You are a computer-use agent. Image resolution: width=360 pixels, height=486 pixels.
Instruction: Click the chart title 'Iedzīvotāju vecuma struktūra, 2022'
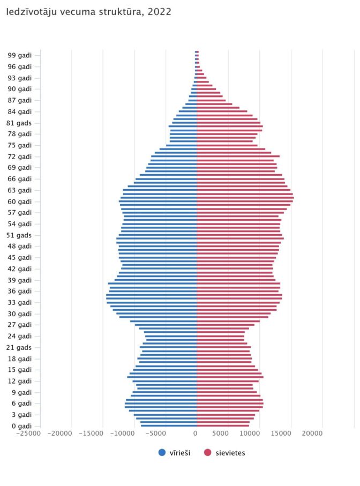click(88, 12)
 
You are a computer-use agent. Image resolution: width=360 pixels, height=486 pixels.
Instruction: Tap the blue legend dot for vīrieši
click(162, 453)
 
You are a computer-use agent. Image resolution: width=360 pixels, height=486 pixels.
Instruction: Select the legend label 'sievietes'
click(230, 453)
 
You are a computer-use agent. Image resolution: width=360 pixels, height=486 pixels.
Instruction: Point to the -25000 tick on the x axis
click(28, 433)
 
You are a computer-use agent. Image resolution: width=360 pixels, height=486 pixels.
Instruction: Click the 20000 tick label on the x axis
click(312, 433)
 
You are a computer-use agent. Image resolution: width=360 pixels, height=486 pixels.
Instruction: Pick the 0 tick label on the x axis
click(195, 433)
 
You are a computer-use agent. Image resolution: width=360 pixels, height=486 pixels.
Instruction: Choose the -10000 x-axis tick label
click(122, 433)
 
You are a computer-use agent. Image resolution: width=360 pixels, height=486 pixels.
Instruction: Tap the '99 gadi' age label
click(19, 55)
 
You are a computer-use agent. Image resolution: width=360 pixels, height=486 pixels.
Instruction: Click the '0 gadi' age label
click(21, 426)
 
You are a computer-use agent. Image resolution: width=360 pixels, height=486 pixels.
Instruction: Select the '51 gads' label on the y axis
click(19, 235)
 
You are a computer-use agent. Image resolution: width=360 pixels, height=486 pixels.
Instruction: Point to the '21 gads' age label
click(19, 347)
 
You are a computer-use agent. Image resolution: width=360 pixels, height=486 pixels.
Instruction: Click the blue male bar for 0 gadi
click(169, 426)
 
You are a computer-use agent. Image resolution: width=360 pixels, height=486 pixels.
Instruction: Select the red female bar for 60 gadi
click(245, 201)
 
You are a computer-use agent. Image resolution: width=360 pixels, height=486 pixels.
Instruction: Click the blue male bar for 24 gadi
click(171, 336)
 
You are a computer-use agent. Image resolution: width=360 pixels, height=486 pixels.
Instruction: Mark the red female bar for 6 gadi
click(230, 403)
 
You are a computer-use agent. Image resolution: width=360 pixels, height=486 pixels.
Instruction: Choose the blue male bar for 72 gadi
click(174, 156)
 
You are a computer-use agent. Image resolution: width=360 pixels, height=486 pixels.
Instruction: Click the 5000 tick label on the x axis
click(220, 433)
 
